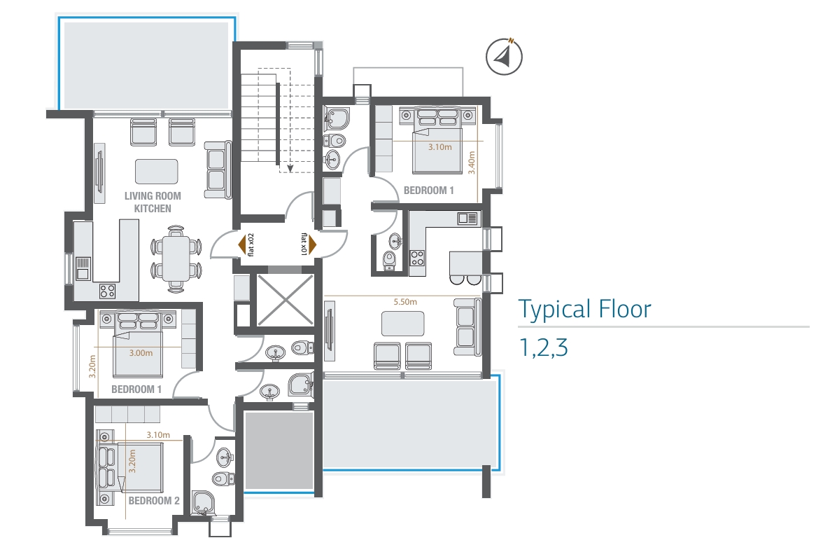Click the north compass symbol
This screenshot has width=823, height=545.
tap(504, 56)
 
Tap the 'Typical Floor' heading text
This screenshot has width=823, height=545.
tap(585, 309)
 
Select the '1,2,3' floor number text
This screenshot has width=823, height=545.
tap(543, 347)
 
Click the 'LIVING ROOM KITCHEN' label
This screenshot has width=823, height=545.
tap(153, 202)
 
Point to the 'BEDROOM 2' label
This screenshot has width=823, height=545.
tap(154, 501)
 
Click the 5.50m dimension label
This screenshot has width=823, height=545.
tap(405, 302)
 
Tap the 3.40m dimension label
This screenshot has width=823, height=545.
tap(472, 163)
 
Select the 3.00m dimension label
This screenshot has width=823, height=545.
tap(141, 353)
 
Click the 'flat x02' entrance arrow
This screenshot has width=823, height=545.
tap(242, 245)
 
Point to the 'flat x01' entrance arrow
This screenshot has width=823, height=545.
tap(312, 244)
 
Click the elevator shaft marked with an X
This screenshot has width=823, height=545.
tap(285, 301)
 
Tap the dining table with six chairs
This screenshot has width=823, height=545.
tap(176, 258)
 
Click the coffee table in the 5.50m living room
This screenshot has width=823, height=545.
tap(402, 324)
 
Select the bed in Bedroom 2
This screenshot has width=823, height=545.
tap(130, 468)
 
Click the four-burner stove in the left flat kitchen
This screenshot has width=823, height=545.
tap(108, 291)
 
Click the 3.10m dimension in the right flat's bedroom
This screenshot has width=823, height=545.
tap(439, 147)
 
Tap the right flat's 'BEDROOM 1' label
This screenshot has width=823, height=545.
tap(428, 191)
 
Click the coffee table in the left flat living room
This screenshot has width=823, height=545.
tap(157, 172)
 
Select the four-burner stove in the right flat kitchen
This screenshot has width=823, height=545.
tap(417, 258)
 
